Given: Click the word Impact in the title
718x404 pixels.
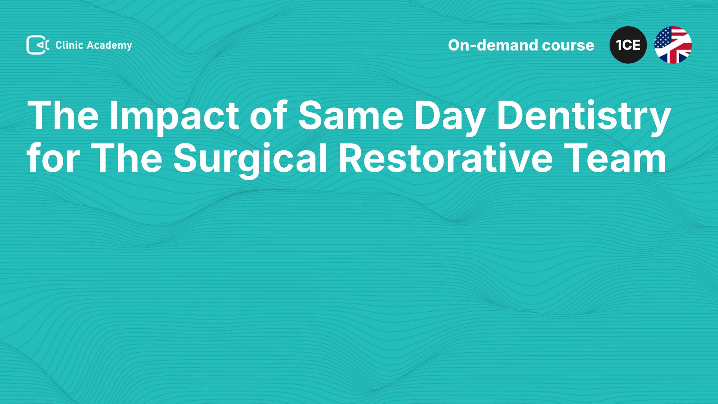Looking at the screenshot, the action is tap(174, 116).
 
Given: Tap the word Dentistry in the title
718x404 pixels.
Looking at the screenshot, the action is tap(584, 116).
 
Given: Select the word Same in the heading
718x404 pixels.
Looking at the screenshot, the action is tap(351, 116).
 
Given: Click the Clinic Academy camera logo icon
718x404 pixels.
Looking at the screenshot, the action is tap(37, 45).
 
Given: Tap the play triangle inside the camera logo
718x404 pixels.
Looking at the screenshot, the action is tap(39, 45).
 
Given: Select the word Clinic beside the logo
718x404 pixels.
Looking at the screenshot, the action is tap(69, 45).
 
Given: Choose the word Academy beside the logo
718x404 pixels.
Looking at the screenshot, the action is tap(110, 46).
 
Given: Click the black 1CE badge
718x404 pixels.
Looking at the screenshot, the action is tap(628, 45).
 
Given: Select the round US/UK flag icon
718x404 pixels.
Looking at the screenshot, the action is tap(673, 45).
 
